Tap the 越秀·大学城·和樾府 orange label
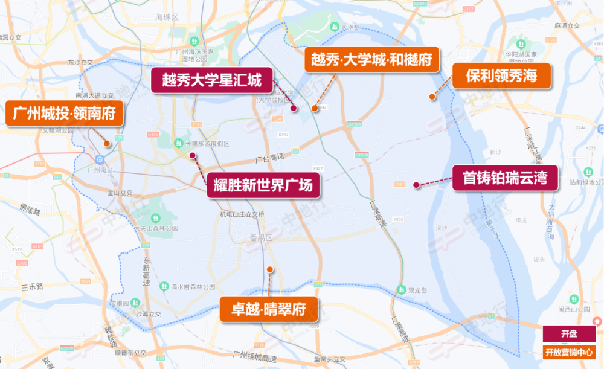click(x=371, y=59)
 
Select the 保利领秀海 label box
click(x=501, y=76)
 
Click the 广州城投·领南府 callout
click(x=65, y=113)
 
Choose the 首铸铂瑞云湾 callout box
click(x=504, y=178)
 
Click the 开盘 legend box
click(x=568, y=334)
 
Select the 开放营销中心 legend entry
click(x=568, y=352)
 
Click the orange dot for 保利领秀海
click(x=432, y=96)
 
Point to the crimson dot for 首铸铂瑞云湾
click(x=416, y=185)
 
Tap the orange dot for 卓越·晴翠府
click(x=270, y=269)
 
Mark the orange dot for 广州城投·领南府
click(x=107, y=144)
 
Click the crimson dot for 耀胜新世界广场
click(x=193, y=155)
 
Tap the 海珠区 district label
click(x=167, y=18)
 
